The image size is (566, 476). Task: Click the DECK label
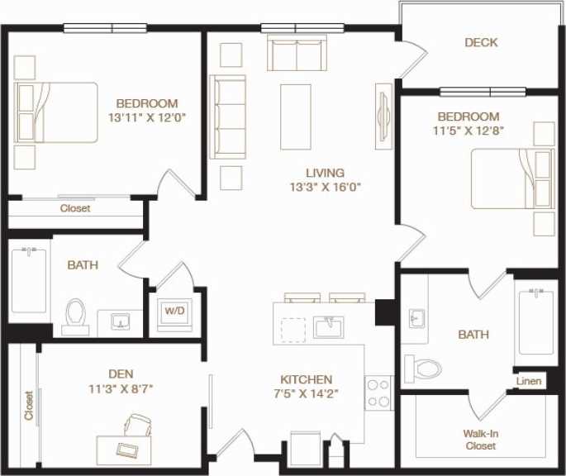point(481,42)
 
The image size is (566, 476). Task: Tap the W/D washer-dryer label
point(175,312)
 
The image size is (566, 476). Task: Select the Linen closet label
point(529,381)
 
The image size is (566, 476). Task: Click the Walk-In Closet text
point(480,440)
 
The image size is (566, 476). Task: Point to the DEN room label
point(120,374)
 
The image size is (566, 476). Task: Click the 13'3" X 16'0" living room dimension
point(324,187)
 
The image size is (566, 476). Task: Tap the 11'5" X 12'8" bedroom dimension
point(468,130)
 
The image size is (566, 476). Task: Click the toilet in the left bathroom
point(76,315)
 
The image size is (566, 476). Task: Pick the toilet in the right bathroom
point(422,367)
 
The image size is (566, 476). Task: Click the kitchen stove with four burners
point(378,393)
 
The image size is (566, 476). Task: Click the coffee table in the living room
point(295,117)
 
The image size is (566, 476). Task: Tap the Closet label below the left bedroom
point(75,208)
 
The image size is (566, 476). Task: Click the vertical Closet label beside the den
point(28,406)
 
